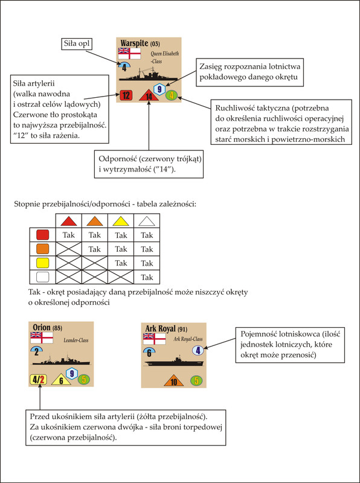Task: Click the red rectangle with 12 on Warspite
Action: (126, 95)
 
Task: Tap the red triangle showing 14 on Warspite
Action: (149, 95)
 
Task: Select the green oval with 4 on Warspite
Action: (172, 95)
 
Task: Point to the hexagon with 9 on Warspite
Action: (159, 89)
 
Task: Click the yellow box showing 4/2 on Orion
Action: (38, 380)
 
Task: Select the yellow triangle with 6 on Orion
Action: (62, 380)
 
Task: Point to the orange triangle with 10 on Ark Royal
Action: (174, 382)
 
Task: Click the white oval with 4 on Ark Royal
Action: (198, 351)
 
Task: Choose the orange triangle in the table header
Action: (95, 221)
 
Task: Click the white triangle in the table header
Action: (147, 221)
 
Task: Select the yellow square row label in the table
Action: (42, 263)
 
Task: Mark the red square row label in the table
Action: (42, 235)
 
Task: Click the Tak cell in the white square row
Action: (147, 277)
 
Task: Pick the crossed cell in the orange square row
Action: (68, 249)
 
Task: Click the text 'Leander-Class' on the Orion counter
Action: (76, 341)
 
